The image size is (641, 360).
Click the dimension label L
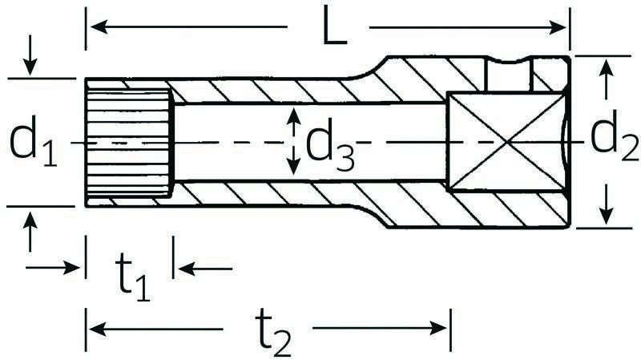[334, 26]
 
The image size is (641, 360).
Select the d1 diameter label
[33, 142]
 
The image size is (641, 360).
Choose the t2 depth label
[273, 332]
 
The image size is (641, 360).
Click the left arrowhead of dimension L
[99, 27]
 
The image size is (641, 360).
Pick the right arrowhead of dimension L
[557, 27]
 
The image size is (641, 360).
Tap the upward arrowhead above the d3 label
[293, 116]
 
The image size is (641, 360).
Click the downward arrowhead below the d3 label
[293, 167]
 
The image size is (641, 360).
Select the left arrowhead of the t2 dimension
[98, 329]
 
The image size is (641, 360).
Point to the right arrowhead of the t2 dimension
[438, 328]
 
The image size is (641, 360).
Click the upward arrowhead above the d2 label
[607, 67]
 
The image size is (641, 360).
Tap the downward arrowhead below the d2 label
[607, 216]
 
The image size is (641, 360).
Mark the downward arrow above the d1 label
[30, 55]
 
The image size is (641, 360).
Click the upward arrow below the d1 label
[30, 232]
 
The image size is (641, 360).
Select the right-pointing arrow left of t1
[53, 268]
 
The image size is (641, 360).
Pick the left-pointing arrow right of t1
[205, 269]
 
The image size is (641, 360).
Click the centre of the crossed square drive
[507, 142]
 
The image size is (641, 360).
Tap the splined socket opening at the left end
[130, 143]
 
